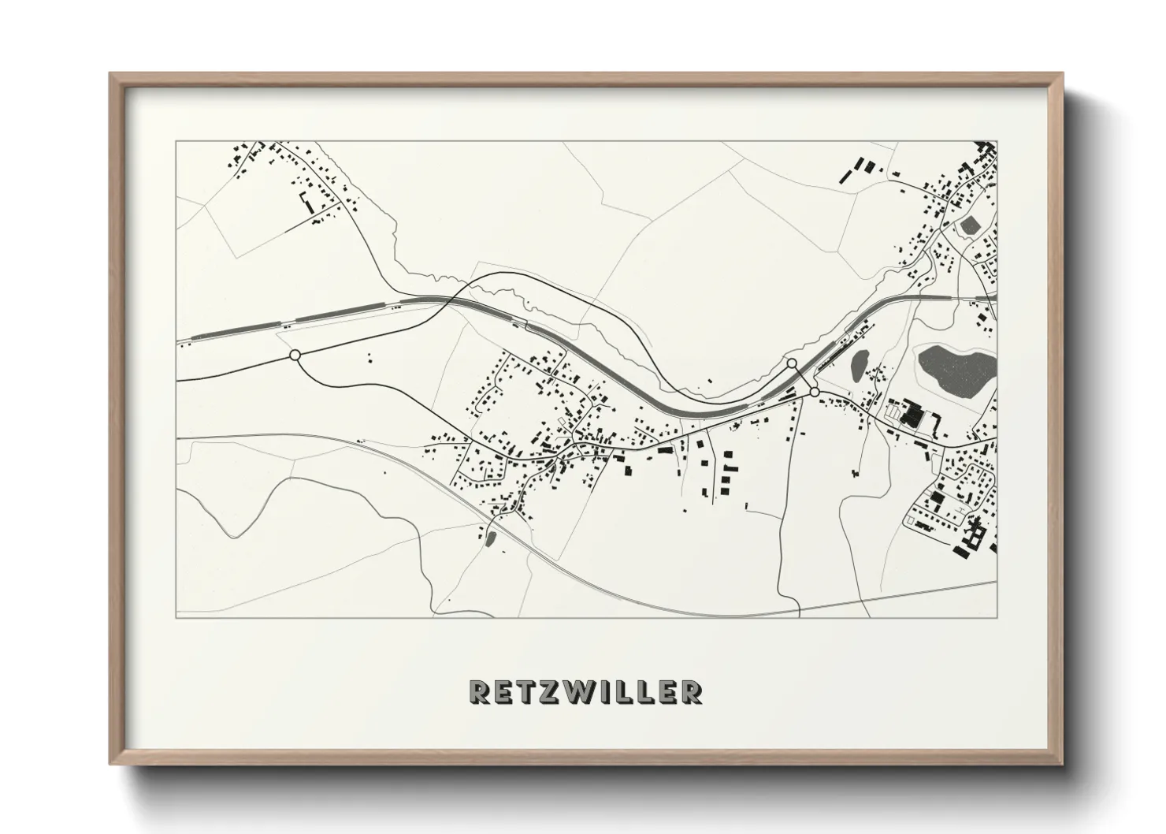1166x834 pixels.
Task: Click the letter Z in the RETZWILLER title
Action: (x=551, y=691)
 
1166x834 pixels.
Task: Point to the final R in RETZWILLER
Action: (x=691, y=691)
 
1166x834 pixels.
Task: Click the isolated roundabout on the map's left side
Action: (x=295, y=356)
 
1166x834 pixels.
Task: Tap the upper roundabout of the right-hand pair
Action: (x=792, y=363)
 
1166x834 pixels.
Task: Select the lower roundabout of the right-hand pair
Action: (x=814, y=391)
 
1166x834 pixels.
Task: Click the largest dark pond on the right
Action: (x=954, y=368)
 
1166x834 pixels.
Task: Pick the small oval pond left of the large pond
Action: (x=858, y=364)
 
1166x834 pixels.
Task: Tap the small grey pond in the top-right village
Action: (x=969, y=225)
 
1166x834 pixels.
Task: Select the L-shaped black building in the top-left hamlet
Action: (x=304, y=201)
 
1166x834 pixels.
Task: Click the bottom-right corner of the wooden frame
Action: (x=1062, y=764)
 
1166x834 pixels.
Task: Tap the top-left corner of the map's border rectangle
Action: (x=176, y=142)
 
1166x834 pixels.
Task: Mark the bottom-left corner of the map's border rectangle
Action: (x=176, y=617)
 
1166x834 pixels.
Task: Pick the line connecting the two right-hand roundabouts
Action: (x=803, y=378)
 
